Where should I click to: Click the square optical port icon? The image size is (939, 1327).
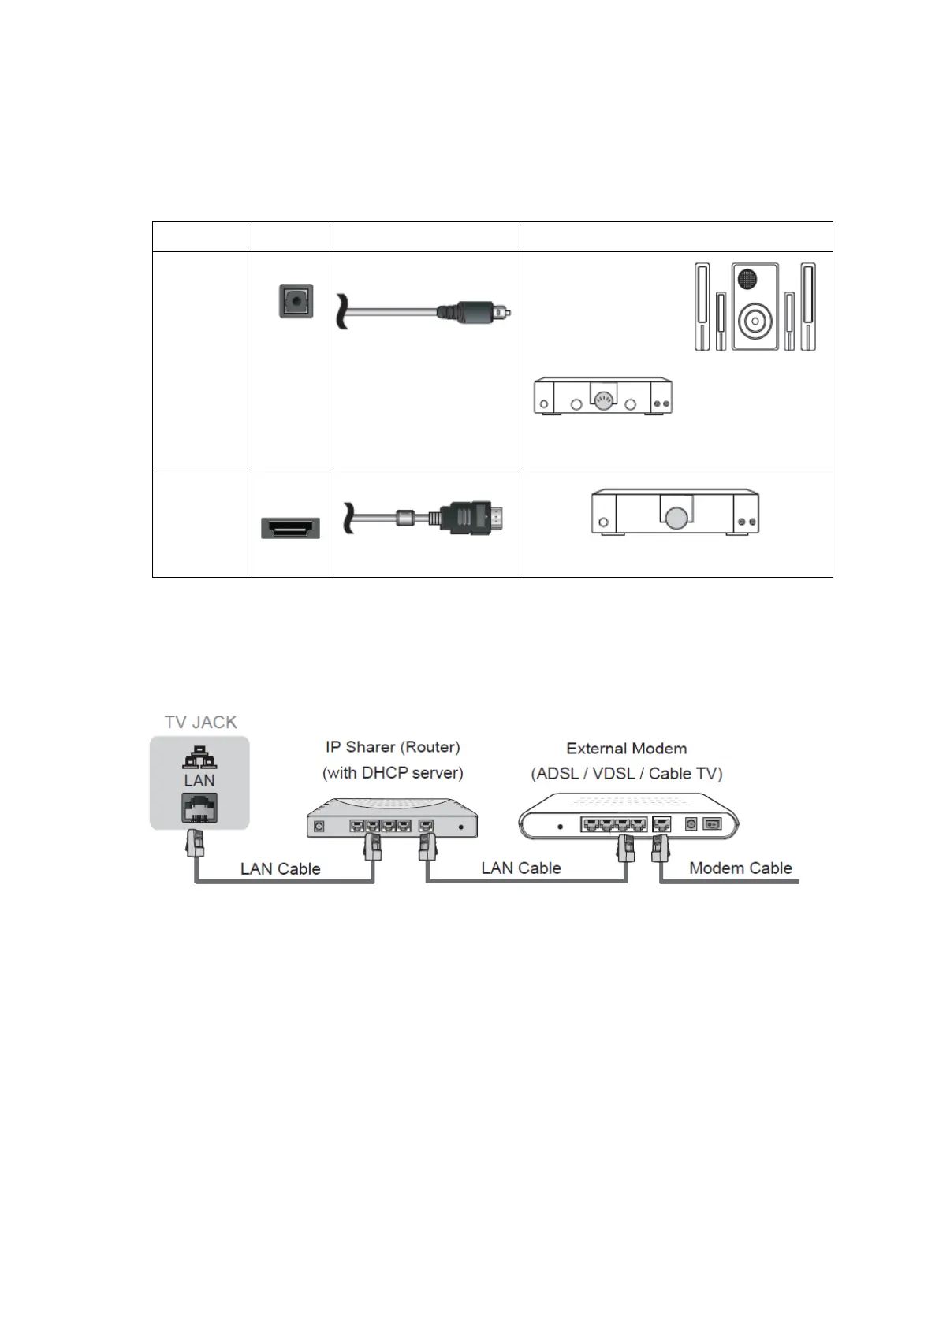[x=296, y=301]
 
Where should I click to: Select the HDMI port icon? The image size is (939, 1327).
[x=290, y=528]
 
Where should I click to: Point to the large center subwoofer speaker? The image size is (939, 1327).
[x=755, y=307]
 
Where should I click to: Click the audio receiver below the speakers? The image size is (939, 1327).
[x=602, y=396]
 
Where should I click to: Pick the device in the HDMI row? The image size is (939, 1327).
[x=675, y=513]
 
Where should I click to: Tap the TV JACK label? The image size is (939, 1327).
[x=200, y=722]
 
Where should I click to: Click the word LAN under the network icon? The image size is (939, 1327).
[x=199, y=780]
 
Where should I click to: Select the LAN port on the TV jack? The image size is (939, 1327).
[x=199, y=808]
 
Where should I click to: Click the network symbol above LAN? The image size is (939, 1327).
[x=199, y=756]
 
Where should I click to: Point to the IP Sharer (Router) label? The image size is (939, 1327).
[x=393, y=746]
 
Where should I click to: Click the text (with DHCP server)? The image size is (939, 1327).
[x=393, y=772]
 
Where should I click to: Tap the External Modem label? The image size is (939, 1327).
[x=626, y=748]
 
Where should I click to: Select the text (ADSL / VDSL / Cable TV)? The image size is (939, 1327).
[x=626, y=773]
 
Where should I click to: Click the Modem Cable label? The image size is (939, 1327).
[x=740, y=868]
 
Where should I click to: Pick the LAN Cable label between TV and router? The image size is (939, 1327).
[x=280, y=868]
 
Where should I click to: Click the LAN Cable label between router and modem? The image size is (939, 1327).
[x=520, y=868]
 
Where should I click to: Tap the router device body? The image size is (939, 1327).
[x=392, y=820]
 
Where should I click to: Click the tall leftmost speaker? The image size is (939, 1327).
[x=701, y=307]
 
